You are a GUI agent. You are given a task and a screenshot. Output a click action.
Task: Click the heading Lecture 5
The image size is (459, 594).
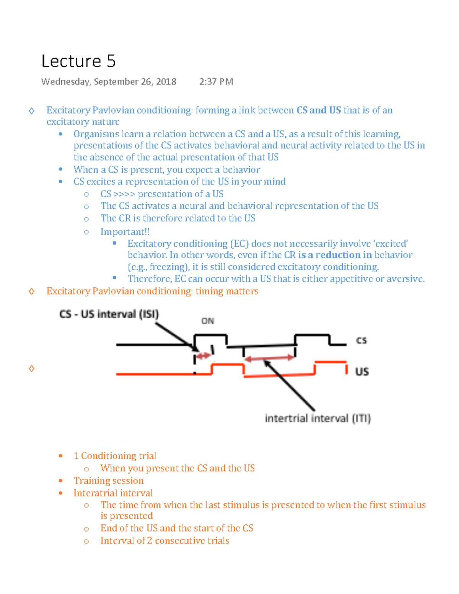(78, 61)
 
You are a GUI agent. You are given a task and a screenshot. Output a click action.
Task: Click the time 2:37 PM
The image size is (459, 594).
(216, 82)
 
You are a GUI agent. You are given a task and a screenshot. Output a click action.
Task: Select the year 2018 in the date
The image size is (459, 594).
(166, 82)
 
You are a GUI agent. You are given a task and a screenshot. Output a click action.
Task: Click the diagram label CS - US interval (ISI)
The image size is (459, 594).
(109, 314)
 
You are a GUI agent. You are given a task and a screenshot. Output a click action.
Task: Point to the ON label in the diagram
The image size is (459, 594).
(208, 321)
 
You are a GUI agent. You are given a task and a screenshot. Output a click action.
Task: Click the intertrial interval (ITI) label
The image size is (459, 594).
(317, 418)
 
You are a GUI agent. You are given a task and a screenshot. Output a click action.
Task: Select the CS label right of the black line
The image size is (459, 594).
(361, 340)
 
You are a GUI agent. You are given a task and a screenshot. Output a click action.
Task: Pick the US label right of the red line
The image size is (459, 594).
(362, 372)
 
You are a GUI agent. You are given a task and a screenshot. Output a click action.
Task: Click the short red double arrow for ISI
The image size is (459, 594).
(203, 356)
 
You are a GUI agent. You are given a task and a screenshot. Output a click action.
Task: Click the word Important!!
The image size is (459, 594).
(125, 232)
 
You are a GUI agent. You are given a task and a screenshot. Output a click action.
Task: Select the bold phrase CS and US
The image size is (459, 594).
(319, 111)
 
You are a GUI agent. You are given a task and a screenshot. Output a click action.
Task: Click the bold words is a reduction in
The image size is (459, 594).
(335, 255)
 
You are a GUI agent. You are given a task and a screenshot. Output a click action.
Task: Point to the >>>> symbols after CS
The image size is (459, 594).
(124, 194)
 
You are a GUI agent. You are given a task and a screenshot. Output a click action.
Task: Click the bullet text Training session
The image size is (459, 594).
(109, 481)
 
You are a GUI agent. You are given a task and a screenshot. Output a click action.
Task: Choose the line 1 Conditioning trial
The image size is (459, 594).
(115, 456)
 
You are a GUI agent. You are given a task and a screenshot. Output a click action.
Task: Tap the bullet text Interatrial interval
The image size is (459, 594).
(113, 493)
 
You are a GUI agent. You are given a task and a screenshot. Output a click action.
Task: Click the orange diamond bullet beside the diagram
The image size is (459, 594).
(32, 368)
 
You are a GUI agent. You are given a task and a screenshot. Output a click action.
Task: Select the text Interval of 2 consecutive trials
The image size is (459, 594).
(165, 540)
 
